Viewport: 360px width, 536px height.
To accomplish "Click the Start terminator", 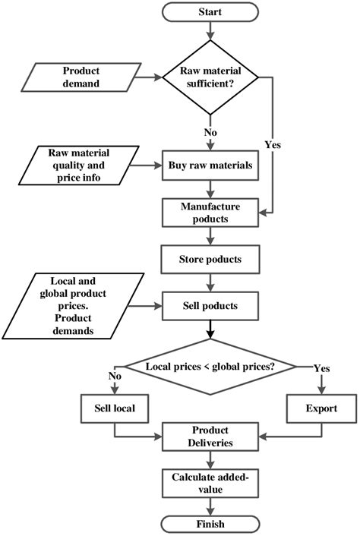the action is click(210, 12).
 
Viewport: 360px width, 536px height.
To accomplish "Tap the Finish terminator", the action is click(210, 524).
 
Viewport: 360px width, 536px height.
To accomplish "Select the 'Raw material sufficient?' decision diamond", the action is click(210, 77).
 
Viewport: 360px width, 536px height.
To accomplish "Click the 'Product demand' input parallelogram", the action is click(81, 77).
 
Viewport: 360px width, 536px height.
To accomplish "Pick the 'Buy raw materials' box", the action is click(210, 166).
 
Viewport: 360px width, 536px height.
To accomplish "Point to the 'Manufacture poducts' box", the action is click(210, 213).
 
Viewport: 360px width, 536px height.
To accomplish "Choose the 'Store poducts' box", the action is click(210, 259).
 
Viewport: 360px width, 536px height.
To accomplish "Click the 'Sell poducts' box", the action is click(210, 306).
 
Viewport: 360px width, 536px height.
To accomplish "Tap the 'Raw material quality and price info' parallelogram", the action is click(79, 166).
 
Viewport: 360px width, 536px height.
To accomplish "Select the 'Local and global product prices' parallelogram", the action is click(73, 306).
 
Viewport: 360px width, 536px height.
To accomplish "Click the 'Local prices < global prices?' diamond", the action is click(210, 367).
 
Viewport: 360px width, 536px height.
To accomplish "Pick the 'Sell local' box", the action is click(115, 408).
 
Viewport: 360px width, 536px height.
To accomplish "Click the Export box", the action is click(321, 408).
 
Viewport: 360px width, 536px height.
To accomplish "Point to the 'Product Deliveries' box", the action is click(210, 437).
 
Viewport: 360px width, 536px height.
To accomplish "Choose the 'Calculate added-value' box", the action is click(210, 484).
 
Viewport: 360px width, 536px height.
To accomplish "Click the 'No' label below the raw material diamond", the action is click(210, 132).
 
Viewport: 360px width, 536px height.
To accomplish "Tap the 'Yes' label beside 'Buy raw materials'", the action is click(273, 145).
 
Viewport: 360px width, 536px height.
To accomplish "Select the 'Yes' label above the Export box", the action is click(322, 368).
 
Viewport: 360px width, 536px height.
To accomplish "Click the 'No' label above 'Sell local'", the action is click(115, 376).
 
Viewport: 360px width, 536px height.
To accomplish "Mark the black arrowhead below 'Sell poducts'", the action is click(210, 334).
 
